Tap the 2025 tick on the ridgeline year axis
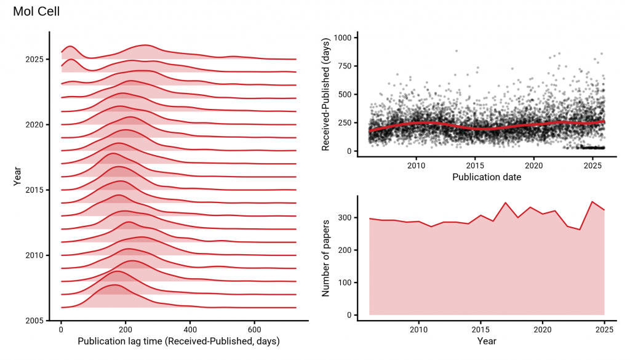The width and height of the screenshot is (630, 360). [x=35, y=59]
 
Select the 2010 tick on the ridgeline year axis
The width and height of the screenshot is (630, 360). [x=35, y=255]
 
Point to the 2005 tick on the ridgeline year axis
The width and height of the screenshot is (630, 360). [x=35, y=321]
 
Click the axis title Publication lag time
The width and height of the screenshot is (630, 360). [x=178, y=341]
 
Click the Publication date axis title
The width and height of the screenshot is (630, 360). [x=487, y=177]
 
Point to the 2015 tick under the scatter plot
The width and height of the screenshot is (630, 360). [x=475, y=166]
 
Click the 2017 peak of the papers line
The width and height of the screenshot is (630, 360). [x=506, y=202]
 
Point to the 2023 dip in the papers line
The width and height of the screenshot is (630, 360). [x=580, y=230]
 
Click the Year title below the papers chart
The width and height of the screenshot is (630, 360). [x=487, y=341]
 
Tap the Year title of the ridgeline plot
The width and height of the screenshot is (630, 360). [x=17, y=176]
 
